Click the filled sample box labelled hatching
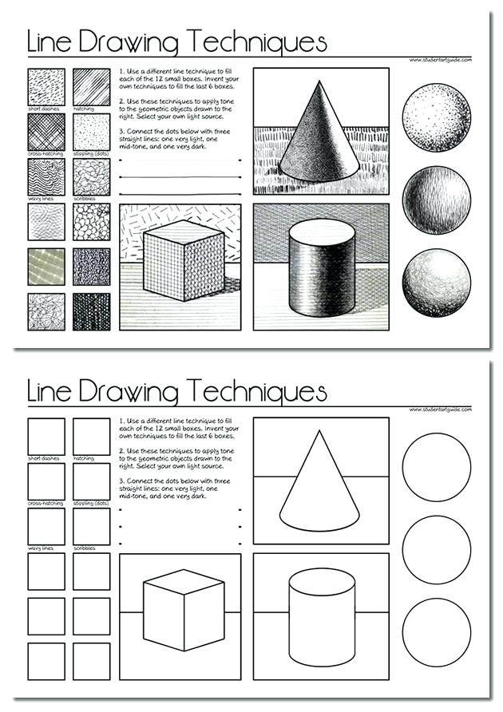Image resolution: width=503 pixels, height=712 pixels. point(92,86)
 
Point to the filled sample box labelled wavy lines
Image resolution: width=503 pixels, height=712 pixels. point(46,176)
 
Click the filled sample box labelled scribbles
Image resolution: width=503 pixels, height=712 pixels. point(92,176)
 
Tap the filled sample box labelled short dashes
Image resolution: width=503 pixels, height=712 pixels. point(46,86)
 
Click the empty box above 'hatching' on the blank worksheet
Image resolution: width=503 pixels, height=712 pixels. point(92,436)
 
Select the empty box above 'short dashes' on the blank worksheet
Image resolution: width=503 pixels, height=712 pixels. point(46,436)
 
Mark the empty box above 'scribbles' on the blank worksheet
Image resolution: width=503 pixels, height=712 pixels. point(92,526)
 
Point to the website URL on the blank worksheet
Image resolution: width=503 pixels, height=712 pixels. point(440,409)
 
